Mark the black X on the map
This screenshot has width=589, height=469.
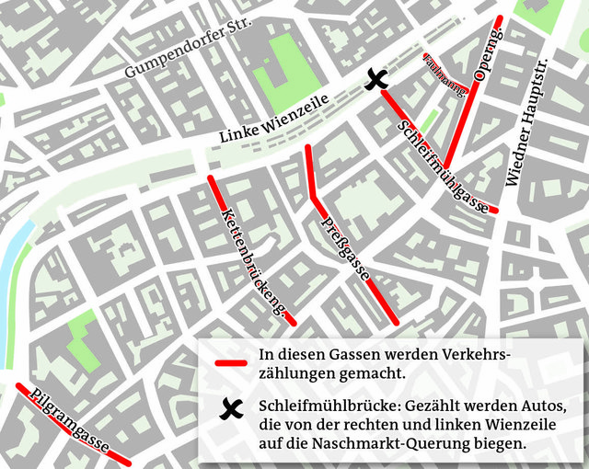[x=375, y=80]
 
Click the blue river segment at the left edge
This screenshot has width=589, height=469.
[x=11, y=267]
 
